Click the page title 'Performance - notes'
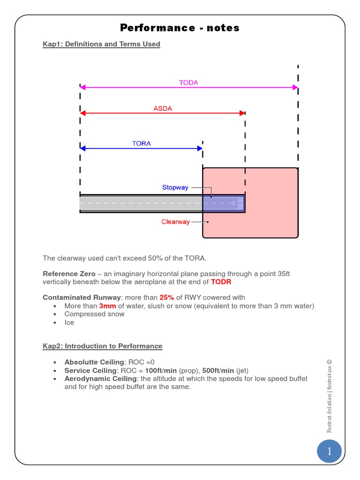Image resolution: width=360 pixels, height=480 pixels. coord(180,28)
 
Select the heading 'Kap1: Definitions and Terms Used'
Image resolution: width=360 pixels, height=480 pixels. coord(101,44)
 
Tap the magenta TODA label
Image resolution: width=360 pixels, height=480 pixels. coord(188,82)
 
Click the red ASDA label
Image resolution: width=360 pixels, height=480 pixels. coord(163,109)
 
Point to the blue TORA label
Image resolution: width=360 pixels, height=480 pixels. coord(141,143)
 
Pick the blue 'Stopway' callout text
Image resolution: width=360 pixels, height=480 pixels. coord(175,187)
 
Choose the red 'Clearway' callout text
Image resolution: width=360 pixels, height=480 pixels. coord(175,222)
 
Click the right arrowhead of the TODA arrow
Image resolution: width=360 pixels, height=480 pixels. coord(295,87)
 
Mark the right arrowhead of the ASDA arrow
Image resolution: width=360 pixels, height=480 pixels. coord(242,113)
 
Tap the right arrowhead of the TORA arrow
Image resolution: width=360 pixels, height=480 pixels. coord(200,148)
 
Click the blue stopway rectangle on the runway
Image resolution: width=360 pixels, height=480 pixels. coord(224,203)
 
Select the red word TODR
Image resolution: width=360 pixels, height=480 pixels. coord(221,282)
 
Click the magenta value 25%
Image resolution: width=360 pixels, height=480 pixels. coord(166,298)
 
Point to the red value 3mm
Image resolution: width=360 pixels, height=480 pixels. coord(107,306)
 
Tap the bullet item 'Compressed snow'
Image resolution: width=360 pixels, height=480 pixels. coord(94,314)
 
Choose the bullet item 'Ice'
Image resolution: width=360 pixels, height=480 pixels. coord(69,322)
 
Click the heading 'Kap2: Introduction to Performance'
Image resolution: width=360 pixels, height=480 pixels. coord(102,346)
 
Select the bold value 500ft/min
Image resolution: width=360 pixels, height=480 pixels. coord(218,370)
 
